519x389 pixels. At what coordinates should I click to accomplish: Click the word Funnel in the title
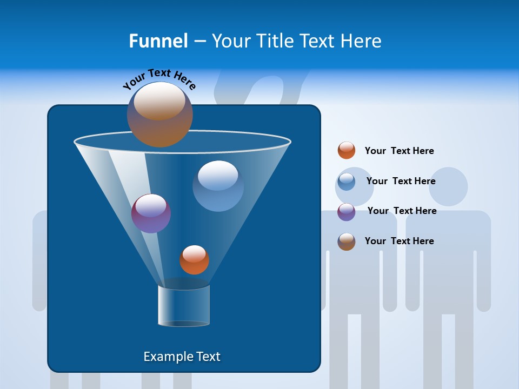158,41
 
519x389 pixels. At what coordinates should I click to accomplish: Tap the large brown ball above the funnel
159,115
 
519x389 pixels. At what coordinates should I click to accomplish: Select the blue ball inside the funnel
218,186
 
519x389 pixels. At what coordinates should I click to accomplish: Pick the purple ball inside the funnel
151,213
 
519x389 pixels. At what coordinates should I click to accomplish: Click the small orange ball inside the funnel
194,260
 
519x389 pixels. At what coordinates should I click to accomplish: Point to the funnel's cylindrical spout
183,306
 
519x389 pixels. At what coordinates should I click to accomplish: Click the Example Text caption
182,357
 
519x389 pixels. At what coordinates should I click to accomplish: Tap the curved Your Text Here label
159,79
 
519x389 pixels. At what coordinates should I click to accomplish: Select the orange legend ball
347,151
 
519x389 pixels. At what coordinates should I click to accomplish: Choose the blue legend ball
347,182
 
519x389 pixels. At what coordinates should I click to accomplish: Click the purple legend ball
347,212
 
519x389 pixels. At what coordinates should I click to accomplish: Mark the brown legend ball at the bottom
347,242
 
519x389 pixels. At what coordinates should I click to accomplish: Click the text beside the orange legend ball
399,151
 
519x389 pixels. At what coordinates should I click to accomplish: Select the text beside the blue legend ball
401,182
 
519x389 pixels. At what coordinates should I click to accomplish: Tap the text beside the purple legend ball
402,211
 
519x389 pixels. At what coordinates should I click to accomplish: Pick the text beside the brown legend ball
399,241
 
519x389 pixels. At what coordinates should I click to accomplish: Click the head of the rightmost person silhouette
448,186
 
